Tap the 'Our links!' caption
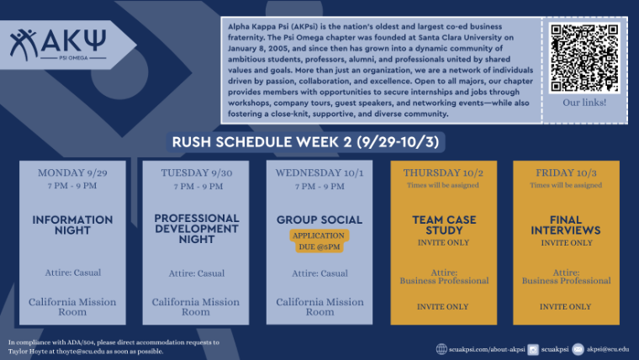coord(584,103)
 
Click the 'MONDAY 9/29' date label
coord(72,173)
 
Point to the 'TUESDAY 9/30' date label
coord(196,173)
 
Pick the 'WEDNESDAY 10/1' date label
coord(319,173)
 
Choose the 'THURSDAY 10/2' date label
coord(444,173)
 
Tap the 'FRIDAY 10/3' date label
coord(568,173)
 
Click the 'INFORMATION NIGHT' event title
coord(72,225)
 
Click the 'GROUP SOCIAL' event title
coord(319,220)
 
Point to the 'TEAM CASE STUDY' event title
coord(444,225)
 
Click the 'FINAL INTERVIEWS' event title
coord(568,225)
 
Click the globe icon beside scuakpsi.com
coord(441,349)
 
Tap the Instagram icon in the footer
coord(533,349)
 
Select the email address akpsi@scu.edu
coord(608,349)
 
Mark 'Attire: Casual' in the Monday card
coord(72,273)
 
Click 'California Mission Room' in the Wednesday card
coord(319,306)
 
